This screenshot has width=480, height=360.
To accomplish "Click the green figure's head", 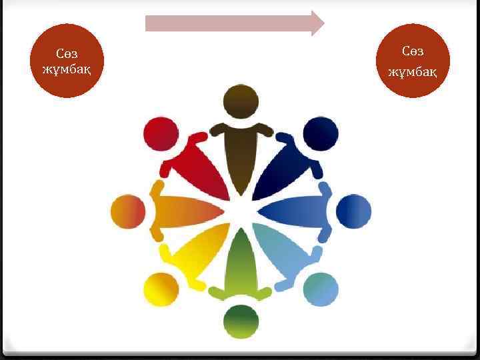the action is tap(240, 323).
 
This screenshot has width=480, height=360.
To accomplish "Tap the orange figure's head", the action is tap(127, 213).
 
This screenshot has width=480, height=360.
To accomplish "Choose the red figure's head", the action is tap(160, 134).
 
